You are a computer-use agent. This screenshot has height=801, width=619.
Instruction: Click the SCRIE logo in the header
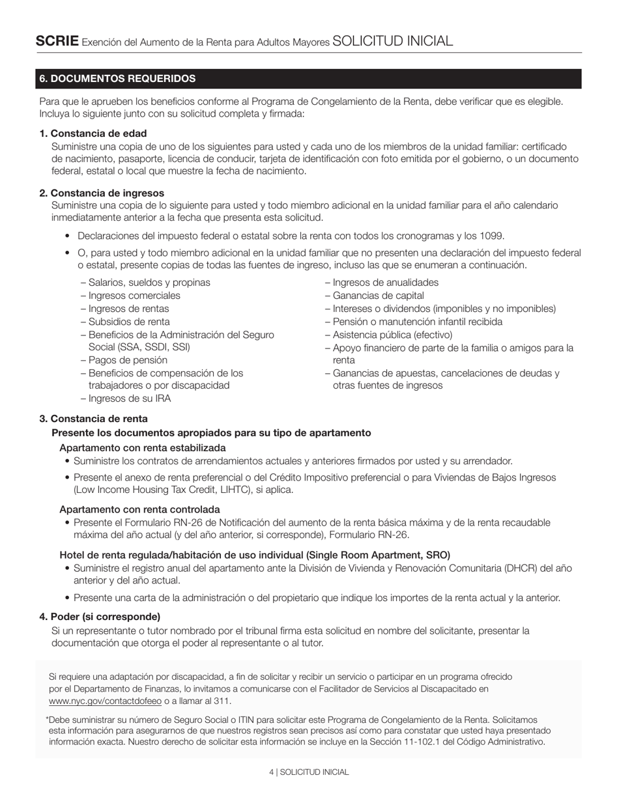click(57, 41)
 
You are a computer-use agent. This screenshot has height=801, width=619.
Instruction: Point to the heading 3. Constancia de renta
click(93, 419)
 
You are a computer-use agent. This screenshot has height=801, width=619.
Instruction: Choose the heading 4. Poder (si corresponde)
click(100, 617)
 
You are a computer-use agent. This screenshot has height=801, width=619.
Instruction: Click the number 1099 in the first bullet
click(492, 236)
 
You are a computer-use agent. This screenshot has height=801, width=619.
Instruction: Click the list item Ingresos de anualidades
click(385, 283)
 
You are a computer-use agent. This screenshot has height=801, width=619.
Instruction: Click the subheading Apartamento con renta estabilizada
click(143, 448)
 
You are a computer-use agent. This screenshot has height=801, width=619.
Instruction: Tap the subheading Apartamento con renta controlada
click(139, 509)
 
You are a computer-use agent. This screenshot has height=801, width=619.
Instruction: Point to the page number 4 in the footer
click(271, 772)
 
